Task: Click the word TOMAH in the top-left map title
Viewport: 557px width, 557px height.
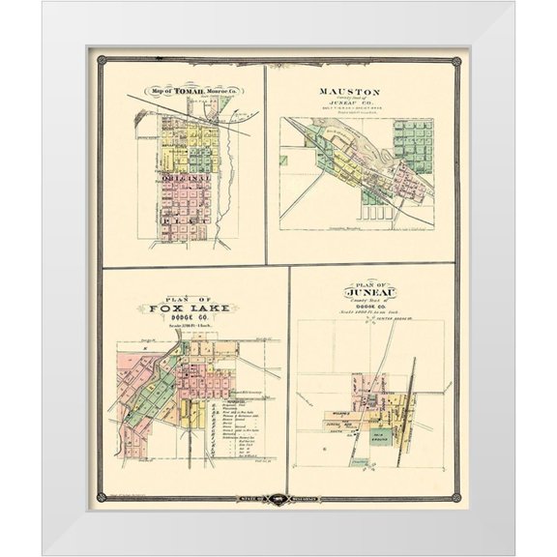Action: (x=184, y=92)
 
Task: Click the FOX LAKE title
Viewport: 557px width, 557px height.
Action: (x=190, y=308)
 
